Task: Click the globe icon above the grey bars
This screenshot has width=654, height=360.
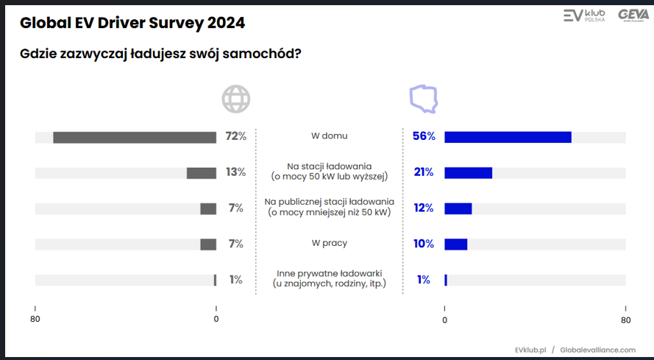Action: click(236, 99)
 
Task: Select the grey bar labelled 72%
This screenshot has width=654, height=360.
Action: click(135, 137)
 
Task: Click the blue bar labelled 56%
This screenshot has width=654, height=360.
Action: click(508, 137)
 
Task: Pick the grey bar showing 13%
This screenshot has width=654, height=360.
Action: click(201, 173)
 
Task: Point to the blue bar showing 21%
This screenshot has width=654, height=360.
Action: click(468, 173)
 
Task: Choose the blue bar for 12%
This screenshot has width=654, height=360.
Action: click(458, 208)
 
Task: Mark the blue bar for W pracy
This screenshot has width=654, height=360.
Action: click(455, 244)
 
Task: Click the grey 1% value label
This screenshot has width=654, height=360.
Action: click(235, 280)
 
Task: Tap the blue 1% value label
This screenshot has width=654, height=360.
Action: click(424, 280)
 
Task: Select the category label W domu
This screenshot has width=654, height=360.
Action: click(329, 136)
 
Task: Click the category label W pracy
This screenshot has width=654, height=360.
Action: click(329, 243)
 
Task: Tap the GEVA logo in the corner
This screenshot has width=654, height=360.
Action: click(633, 15)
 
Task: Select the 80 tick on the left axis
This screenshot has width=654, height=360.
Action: click(35, 319)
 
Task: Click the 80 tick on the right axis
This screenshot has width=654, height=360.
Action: click(625, 319)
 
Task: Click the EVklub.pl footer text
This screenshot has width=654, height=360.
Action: click(530, 350)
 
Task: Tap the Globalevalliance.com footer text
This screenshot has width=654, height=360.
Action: click(597, 350)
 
